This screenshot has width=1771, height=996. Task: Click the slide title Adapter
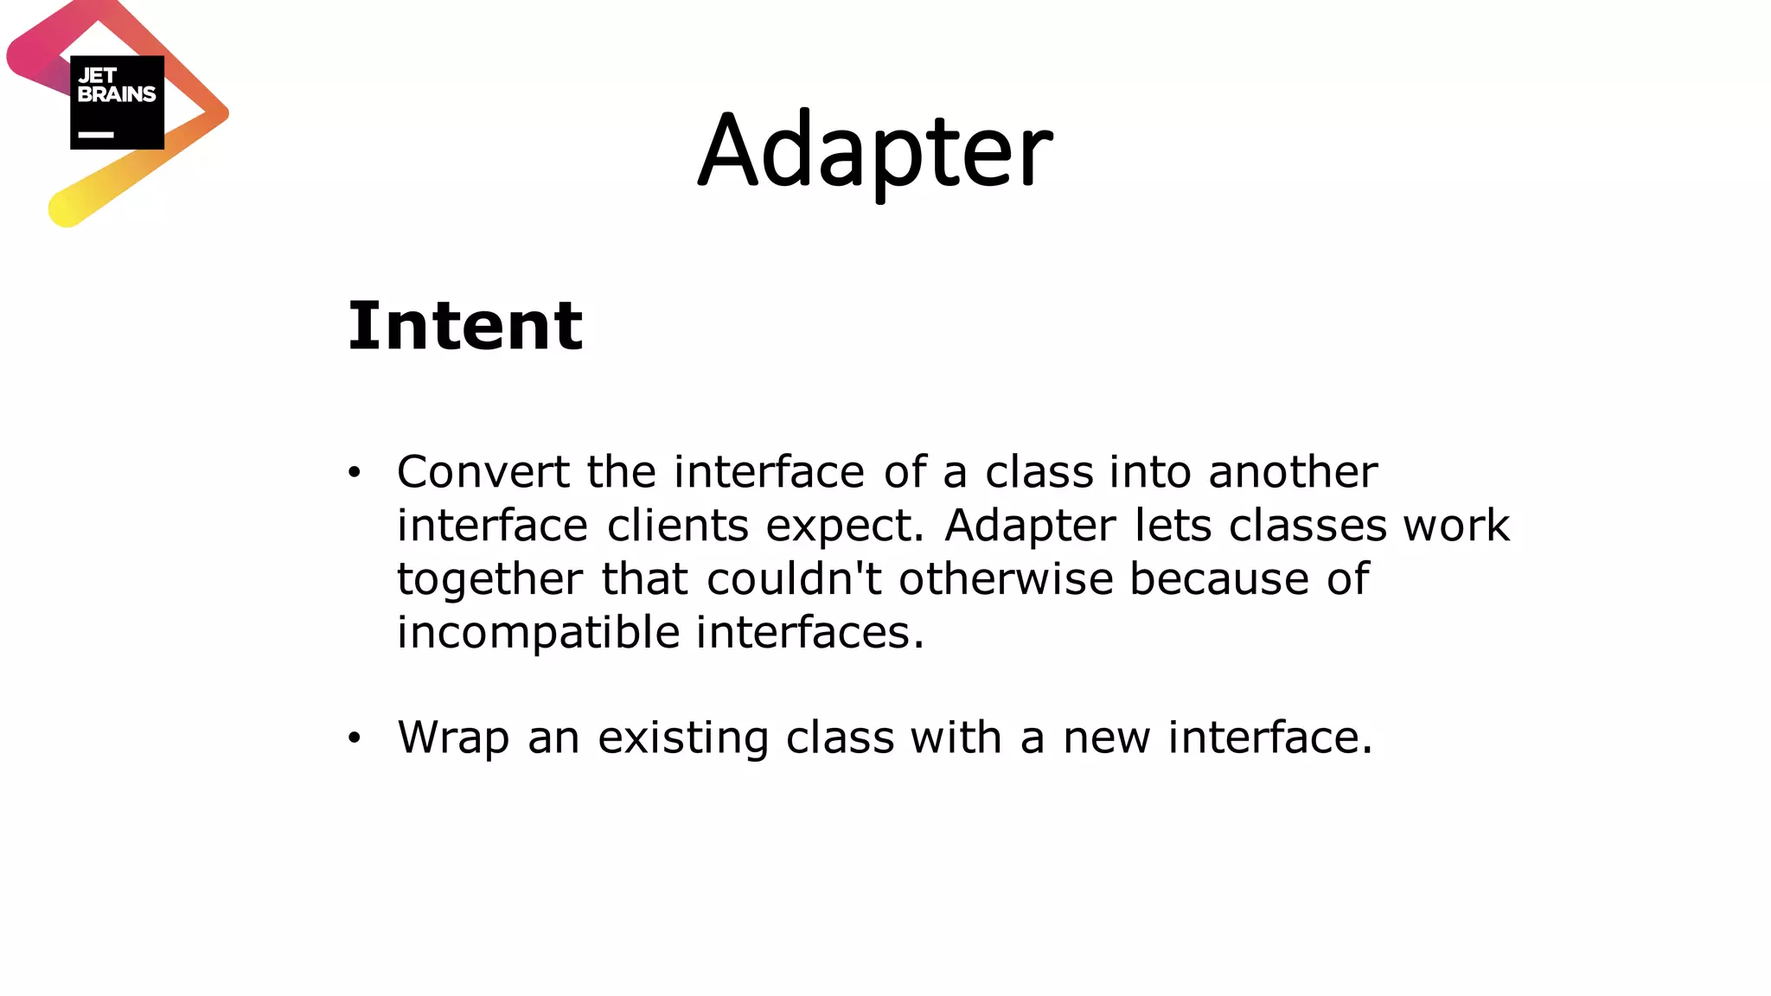click(x=875, y=151)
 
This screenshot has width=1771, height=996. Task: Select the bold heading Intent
click(x=465, y=326)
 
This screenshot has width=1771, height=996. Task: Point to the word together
click(x=489, y=579)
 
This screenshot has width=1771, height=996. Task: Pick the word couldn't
click(x=794, y=578)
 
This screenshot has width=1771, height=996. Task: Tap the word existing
click(x=682, y=738)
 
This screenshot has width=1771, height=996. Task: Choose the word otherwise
click(x=1006, y=578)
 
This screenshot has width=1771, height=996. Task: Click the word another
click(x=1292, y=472)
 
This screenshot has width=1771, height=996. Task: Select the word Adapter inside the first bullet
click(x=1030, y=526)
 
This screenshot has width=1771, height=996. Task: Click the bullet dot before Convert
click(x=353, y=473)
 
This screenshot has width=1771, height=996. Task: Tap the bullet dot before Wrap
click(x=353, y=738)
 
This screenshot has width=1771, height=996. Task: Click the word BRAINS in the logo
click(x=117, y=94)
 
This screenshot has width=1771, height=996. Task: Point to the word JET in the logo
click(x=97, y=76)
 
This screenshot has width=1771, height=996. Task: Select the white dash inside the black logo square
click(x=96, y=135)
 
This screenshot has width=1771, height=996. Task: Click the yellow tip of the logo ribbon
click(x=66, y=208)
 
